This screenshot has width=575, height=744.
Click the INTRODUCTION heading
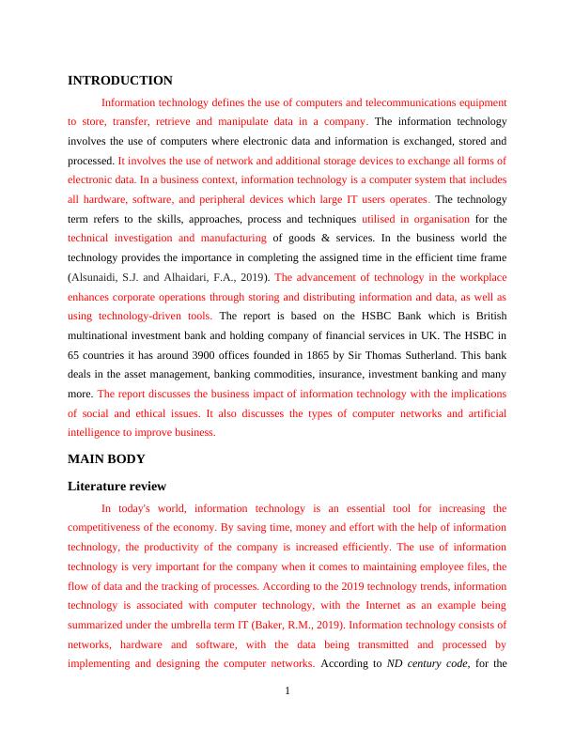coord(120,81)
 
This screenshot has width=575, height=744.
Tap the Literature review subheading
coord(117,486)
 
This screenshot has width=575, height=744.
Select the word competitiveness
coord(110,527)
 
